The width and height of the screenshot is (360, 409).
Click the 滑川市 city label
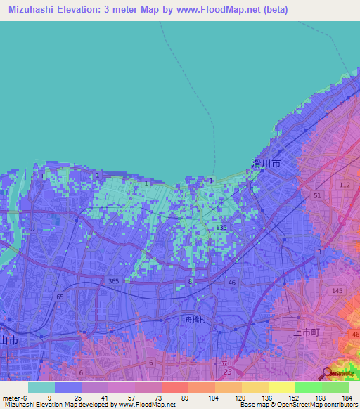[x=266, y=162]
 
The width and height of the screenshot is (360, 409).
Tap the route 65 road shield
[x=60, y=297]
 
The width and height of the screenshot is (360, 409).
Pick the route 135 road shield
[x=221, y=228]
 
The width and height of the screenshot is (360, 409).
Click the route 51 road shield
[x=317, y=195]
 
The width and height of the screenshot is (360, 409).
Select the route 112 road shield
[x=344, y=185]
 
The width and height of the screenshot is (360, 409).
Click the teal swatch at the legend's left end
[x=41, y=387]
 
